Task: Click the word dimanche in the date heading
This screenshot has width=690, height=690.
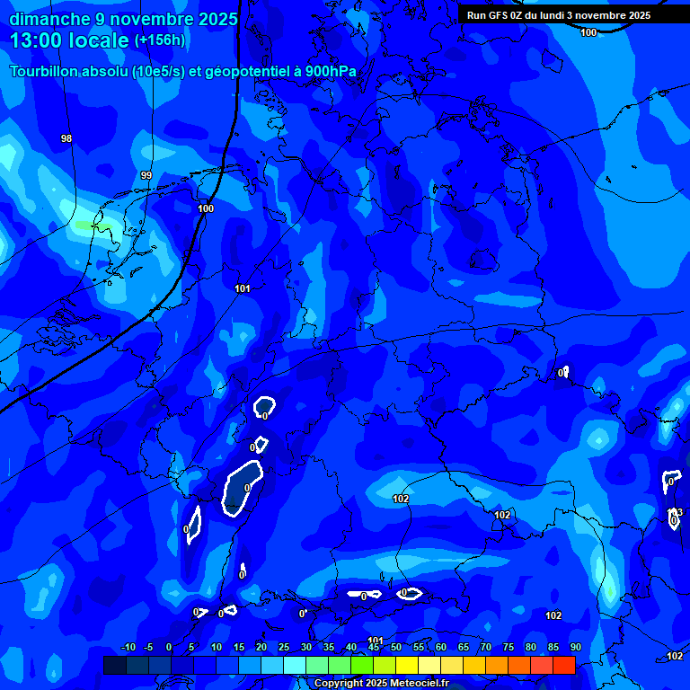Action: pos(49,19)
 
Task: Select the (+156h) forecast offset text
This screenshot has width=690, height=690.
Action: pos(159,40)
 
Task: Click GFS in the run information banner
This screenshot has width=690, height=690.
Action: pos(501,15)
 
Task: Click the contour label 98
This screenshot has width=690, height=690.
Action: pos(66,138)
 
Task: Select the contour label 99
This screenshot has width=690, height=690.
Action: pos(146,175)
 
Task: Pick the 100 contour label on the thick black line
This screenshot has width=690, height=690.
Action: pos(206,208)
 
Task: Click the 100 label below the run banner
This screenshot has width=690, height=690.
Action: pos(588,32)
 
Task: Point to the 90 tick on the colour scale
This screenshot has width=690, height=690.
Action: pos(575,647)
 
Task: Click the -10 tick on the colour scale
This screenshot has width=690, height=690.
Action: pos(128,647)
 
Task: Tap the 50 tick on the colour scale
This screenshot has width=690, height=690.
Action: pos(396,647)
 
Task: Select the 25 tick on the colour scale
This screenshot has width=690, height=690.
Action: pos(284,647)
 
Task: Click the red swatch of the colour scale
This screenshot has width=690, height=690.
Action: pos(563,665)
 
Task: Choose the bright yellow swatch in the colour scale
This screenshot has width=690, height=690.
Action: pos(407,665)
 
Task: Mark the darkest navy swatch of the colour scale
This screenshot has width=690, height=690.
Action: pos(115,665)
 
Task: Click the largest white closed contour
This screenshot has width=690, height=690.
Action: pos(242,488)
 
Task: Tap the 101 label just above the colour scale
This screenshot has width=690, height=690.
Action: pos(376,641)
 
